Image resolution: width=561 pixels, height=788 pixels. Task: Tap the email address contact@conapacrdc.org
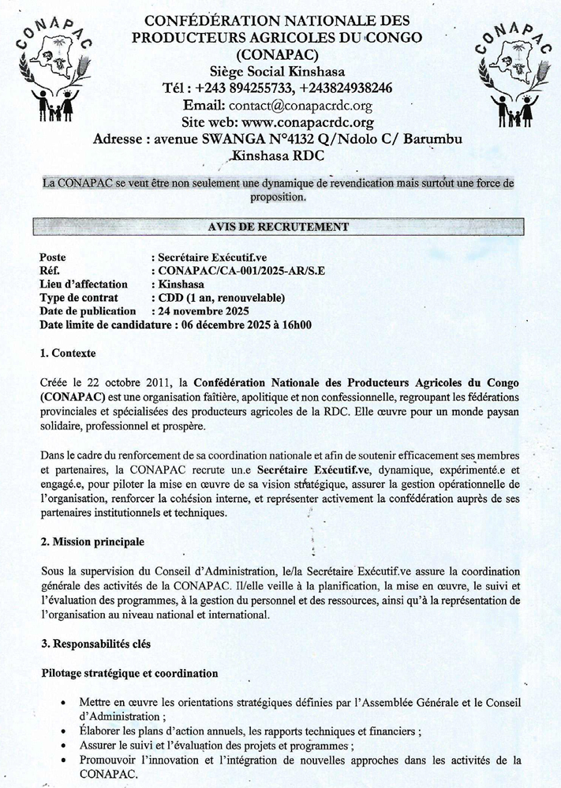tap(300, 105)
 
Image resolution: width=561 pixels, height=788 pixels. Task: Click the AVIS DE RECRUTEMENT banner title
tap(277, 227)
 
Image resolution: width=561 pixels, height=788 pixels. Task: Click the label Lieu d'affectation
tap(84, 284)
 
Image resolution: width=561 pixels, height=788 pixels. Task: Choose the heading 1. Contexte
tap(71, 352)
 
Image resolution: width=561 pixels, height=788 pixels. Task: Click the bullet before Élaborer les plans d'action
tap(62, 731)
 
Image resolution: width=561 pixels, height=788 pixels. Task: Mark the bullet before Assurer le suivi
tap(62, 745)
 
